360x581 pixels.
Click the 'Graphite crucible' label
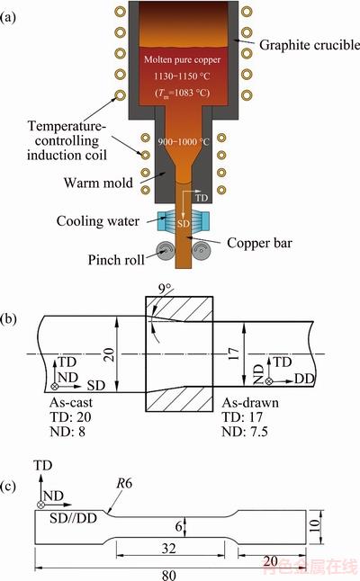point(310,45)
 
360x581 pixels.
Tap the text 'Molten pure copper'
point(182,59)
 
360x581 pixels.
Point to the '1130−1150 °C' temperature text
point(182,76)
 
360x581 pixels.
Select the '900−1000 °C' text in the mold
point(184,142)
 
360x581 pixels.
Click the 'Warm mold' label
point(98,183)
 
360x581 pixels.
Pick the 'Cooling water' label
point(98,221)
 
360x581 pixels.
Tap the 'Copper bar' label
point(259,243)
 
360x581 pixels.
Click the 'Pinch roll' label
point(116,260)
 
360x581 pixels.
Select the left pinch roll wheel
point(166,252)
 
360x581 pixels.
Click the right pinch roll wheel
point(201,252)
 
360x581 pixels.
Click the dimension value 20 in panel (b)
point(110,354)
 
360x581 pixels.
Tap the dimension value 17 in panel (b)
point(235,355)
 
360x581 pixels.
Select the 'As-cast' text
point(71,402)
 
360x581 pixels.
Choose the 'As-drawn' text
point(250,402)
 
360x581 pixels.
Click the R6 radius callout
point(124,483)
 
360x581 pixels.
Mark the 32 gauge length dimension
point(168,548)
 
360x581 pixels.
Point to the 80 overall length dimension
point(168,575)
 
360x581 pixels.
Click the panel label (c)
point(8,487)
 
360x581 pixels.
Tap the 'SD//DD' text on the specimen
point(73,518)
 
